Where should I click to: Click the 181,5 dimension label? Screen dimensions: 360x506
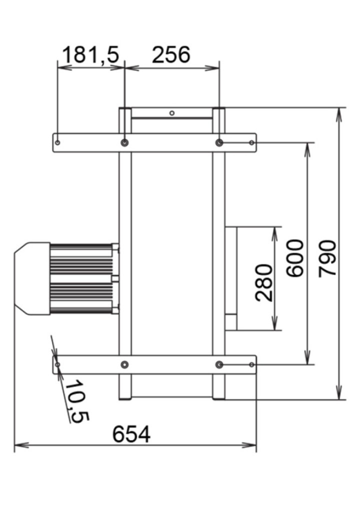pos(90,54)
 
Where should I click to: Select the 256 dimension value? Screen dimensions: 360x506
pos(171,54)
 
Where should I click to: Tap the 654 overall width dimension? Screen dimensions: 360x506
pos(131,434)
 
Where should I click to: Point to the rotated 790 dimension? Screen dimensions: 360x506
pos(327,258)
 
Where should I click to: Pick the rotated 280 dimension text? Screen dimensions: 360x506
pos(264,282)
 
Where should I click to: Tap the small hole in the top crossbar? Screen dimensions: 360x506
pos(172,113)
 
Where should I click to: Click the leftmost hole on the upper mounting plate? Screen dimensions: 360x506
pos(57,142)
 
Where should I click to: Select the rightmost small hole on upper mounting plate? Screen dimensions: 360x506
pos(252,142)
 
